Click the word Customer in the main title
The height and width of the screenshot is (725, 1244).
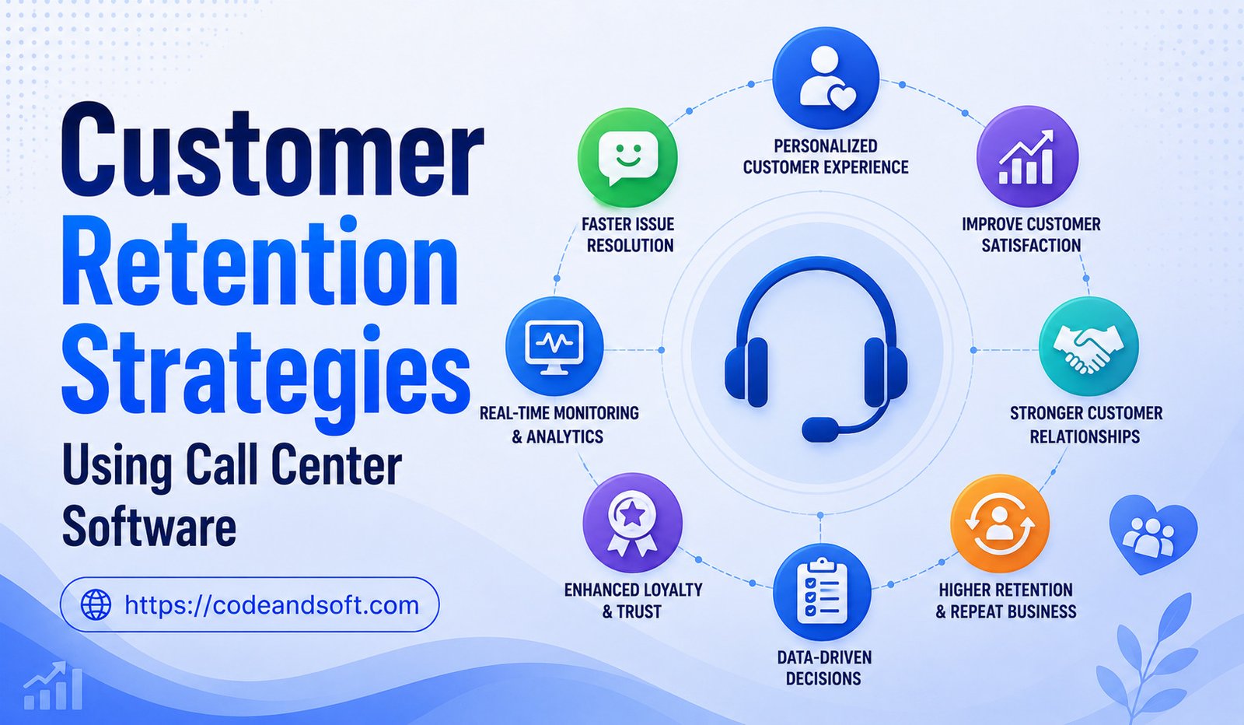click(x=272, y=150)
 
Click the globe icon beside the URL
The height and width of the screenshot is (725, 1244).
click(x=96, y=604)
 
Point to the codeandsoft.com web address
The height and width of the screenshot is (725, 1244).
click(x=271, y=604)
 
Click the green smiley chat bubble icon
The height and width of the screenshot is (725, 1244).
click(x=627, y=158)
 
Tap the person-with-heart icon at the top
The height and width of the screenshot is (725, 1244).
click(x=825, y=79)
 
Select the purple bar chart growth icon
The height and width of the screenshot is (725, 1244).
click(x=1027, y=156)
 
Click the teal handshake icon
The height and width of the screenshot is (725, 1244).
click(x=1088, y=346)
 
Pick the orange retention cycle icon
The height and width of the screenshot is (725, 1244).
click(x=1000, y=524)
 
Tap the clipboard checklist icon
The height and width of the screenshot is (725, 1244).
click(x=822, y=592)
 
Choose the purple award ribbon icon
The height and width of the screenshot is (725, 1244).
click(x=632, y=523)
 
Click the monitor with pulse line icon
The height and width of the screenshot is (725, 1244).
click(x=554, y=345)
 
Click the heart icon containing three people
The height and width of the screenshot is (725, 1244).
click(x=1154, y=534)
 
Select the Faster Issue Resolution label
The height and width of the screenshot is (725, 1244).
click(x=629, y=234)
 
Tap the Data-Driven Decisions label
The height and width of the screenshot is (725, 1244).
click(x=824, y=667)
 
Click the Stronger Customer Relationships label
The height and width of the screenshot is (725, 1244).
click(x=1085, y=425)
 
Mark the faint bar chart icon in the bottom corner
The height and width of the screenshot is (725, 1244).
click(x=53, y=685)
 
